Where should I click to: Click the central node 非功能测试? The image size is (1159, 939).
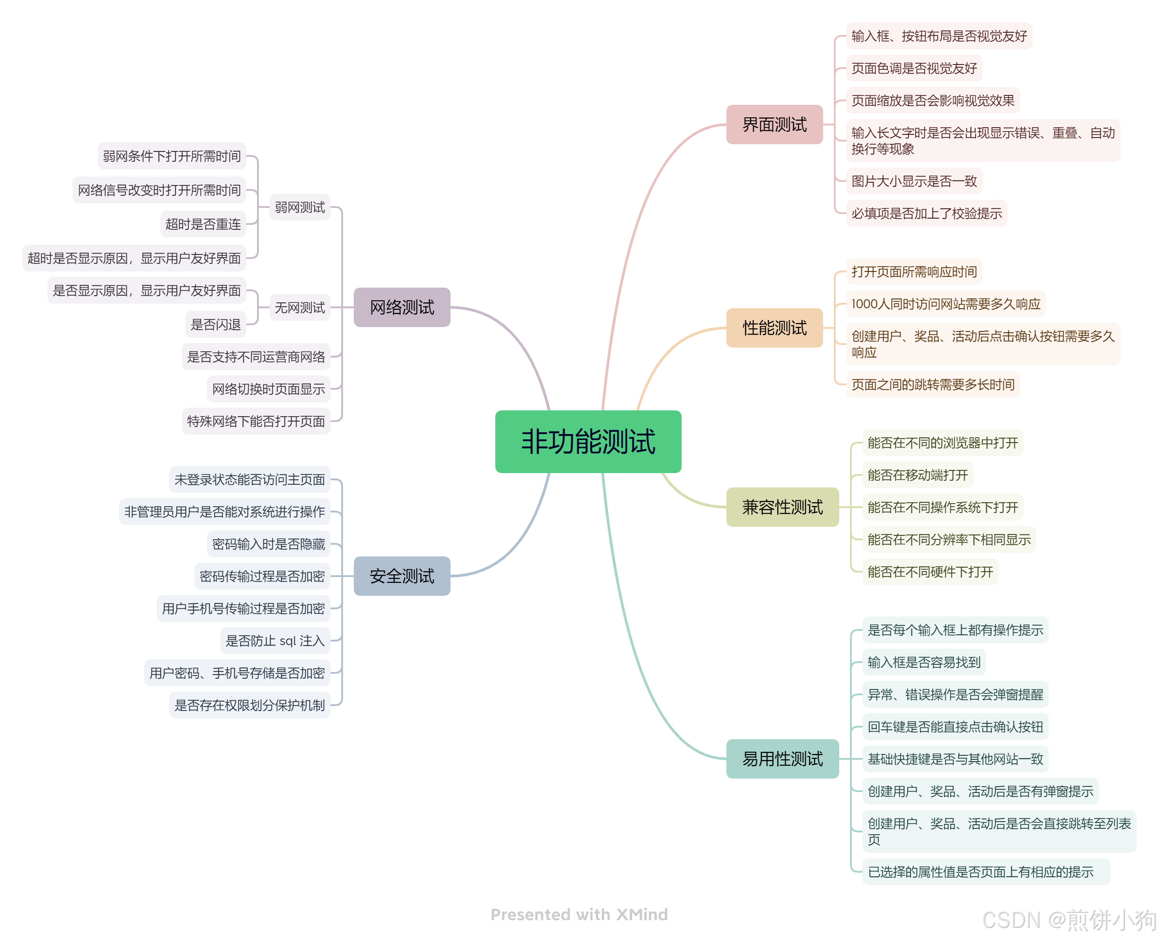point(588,441)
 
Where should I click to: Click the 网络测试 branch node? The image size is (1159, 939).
point(402,307)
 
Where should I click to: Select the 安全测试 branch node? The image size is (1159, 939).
point(402,576)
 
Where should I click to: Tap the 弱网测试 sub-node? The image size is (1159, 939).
point(300,207)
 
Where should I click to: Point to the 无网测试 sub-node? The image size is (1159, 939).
point(300,307)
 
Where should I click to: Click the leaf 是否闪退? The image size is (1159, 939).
point(215,324)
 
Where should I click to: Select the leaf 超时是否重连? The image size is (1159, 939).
point(203,224)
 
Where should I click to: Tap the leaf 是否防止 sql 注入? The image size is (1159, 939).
point(275,641)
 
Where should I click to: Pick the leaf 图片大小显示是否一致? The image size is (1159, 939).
point(914,181)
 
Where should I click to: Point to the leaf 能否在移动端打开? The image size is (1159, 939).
point(917,475)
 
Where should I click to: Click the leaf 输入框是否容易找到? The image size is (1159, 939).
point(923,662)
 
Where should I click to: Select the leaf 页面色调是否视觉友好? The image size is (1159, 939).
point(914,68)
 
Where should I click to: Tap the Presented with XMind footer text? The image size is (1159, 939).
point(579,914)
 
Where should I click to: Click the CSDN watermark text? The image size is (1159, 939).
point(1068,920)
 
